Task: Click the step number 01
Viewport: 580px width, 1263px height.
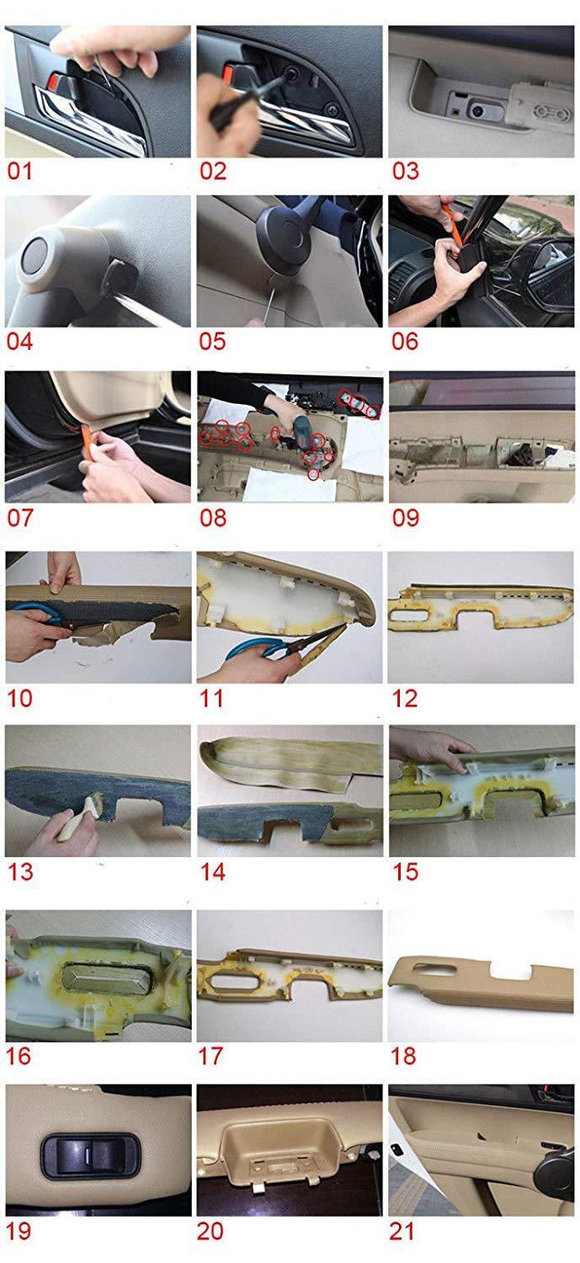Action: (x=19, y=171)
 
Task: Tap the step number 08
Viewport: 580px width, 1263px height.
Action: (x=212, y=518)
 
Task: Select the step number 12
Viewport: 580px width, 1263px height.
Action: (x=405, y=699)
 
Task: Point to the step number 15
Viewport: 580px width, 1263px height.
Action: (x=405, y=871)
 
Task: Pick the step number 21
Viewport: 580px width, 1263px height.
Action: (x=402, y=1231)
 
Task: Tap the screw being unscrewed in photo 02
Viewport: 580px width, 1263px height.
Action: (x=291, y=73)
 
